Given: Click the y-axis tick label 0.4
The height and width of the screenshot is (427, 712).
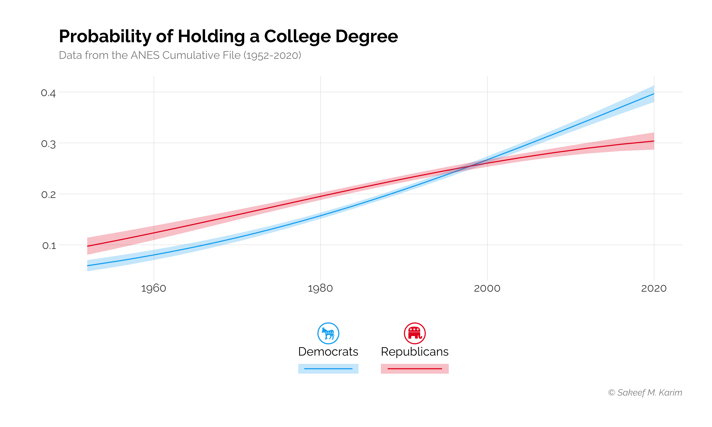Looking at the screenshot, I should [48, 93].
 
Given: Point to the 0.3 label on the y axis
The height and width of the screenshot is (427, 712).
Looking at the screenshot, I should [48, 144].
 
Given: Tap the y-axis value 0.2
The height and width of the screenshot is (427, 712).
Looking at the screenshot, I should [48, 195].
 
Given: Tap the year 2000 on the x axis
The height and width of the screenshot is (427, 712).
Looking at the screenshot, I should [487, 288].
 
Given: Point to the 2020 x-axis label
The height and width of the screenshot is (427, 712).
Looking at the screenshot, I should [654, 288].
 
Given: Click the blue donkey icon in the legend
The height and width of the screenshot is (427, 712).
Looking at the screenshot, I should [328, 333].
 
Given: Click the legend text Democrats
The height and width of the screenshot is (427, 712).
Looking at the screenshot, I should [328, 352].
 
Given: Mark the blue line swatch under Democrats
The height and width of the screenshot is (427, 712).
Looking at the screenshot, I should [328, 369].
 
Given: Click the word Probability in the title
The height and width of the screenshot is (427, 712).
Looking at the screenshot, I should [105, 37].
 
